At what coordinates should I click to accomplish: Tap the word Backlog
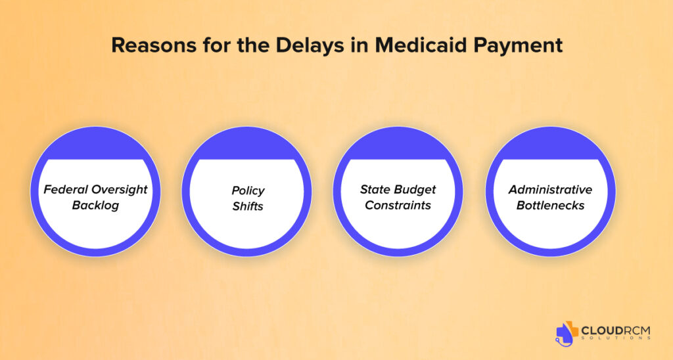point(95,206)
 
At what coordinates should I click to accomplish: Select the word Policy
point(248,191)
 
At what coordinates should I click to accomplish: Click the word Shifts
point(248,206)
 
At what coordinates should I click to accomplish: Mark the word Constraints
point(398,206)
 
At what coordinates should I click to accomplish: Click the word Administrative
point(550,190)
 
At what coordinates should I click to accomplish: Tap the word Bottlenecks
point(550,206)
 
